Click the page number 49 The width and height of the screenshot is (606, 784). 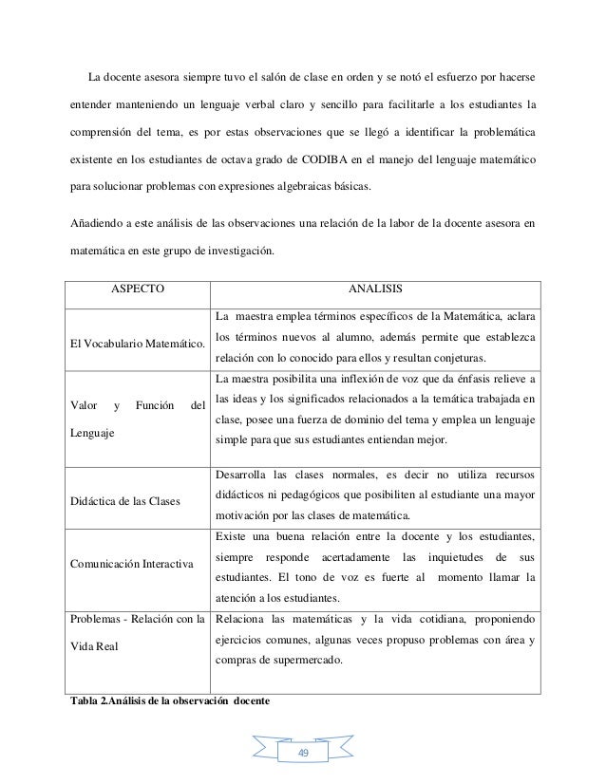click(x=303, y=752)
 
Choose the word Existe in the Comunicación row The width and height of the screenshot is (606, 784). click(x=233, y=536)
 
